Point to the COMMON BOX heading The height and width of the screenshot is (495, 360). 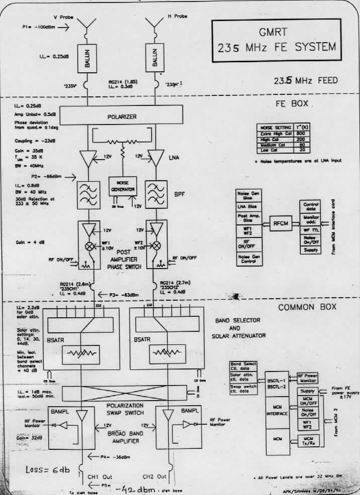click(x=307, y=307)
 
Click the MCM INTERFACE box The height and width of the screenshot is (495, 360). click(x=277, y=410)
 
